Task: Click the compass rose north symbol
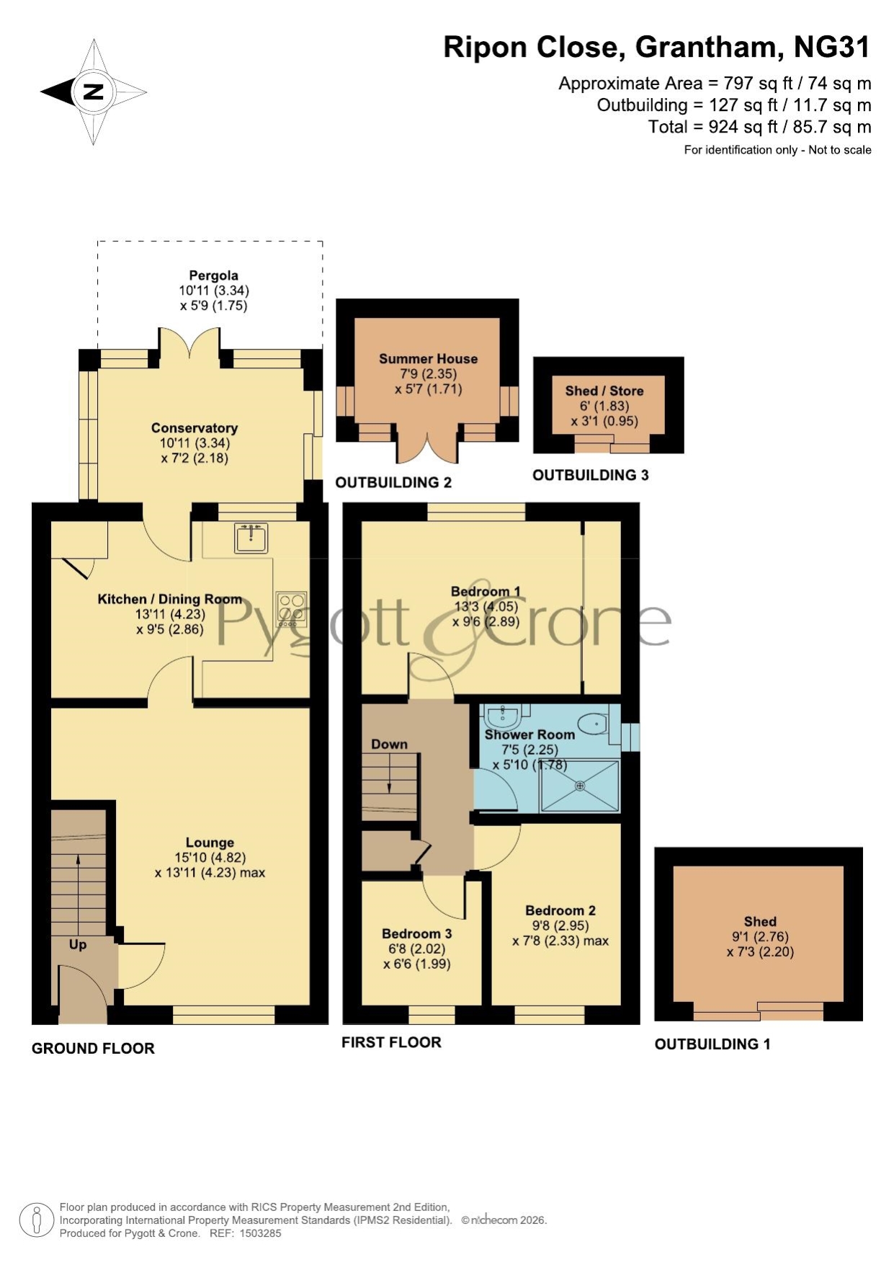coord(94,92)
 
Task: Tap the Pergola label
coord(213,275)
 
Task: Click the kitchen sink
coord(251,538)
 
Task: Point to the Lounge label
coord(210,843)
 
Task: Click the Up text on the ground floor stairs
coord(78,944)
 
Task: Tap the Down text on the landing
coord(389,744)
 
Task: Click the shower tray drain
coord(580,786)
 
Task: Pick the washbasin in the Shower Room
coord(503,716)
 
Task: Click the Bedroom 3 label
coord(416,934)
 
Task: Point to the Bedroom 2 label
coord(560,910)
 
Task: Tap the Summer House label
coord(428,358)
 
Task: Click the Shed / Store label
coord(604,391)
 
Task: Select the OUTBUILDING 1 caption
coord(712,1044)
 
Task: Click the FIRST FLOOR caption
coord(391,1042)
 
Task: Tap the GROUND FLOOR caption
coord(93,1048)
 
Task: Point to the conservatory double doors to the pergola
coord(189,345)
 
